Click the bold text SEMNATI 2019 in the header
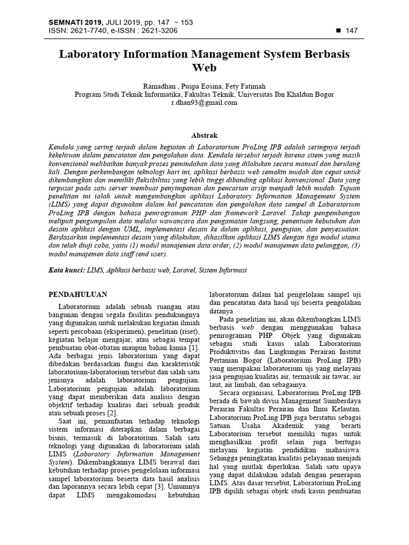pos(71,22)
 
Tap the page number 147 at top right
pos(351,30)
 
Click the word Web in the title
pos(204,68)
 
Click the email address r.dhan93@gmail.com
pos(204,103)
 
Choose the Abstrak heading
pos(204,136)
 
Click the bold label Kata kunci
pos(66,270)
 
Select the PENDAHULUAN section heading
pos(78,294)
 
